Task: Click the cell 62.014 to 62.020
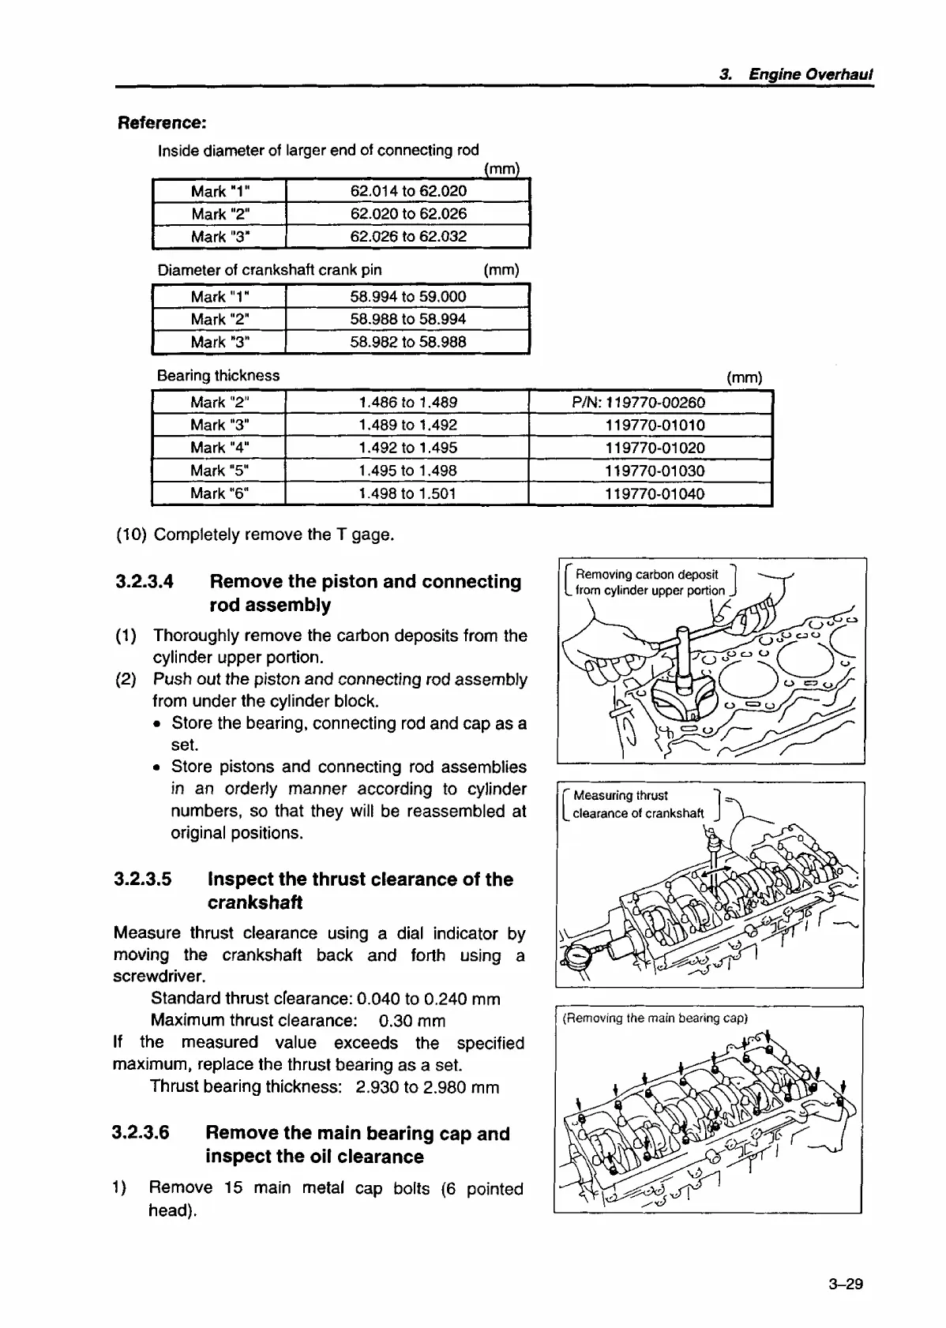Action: pos(407,191)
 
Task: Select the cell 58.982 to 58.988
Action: pos(407,342)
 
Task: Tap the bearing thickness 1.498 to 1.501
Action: pos(407,493)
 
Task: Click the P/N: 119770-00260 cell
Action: pos(638,403)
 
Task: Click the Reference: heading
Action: pos(162,123)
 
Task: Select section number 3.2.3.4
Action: pos(145,582)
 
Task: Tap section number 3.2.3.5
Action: pos(143,880)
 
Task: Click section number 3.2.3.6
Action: pos(141,1133)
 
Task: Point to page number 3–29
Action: pos(846,1284)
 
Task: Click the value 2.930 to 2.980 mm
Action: pos(427,1087)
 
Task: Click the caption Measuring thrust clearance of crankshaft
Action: pos(636,805)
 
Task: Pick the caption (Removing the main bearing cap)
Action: pos(655,1018)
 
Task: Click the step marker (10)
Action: pos(131,535)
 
